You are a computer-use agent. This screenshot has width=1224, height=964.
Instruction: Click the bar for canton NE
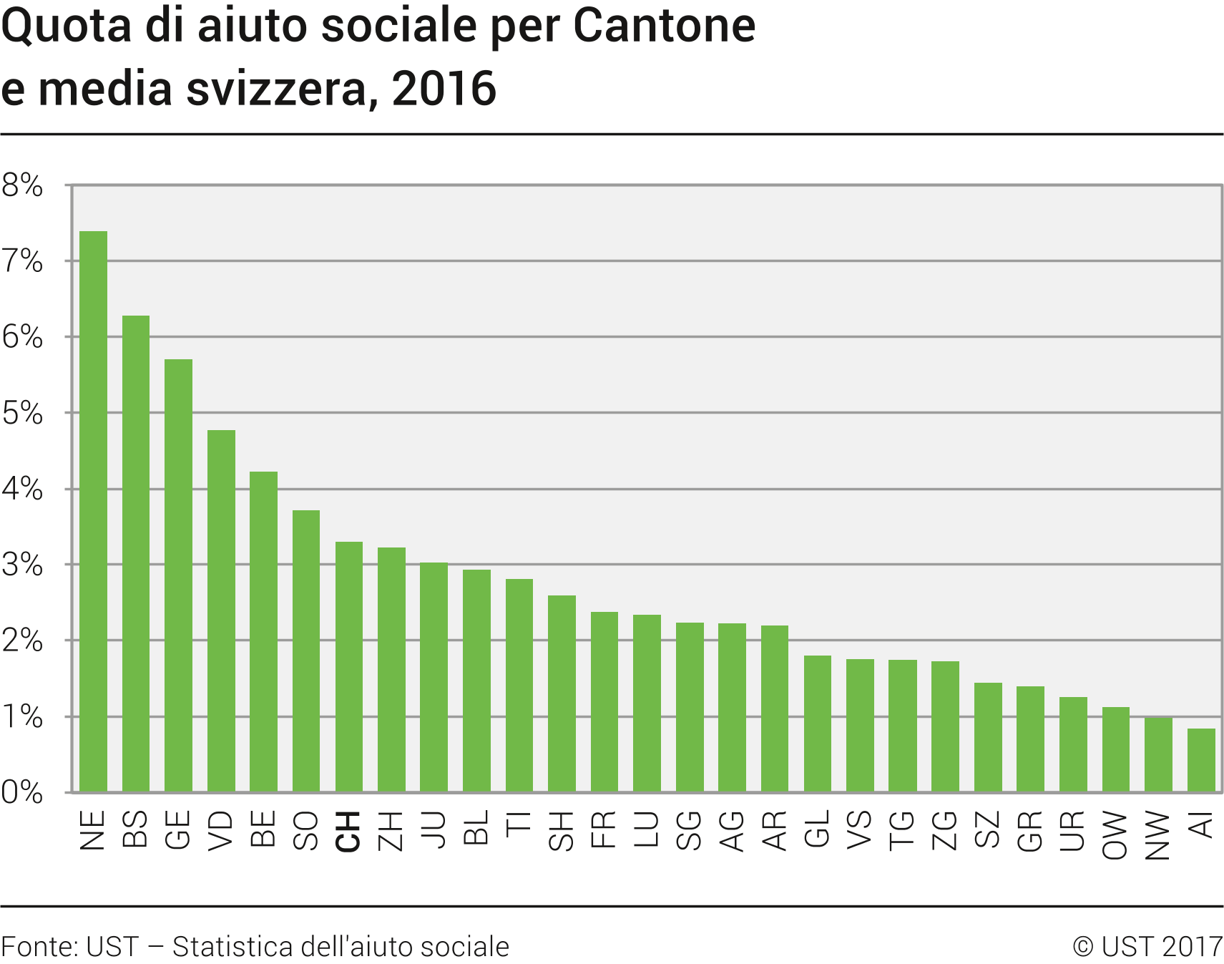tap(93, 512)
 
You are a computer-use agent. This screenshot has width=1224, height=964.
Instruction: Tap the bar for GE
tap(178, 575)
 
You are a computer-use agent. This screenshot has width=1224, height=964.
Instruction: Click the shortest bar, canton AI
tap(1201, 760)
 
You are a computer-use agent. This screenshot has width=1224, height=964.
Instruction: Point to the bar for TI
tap(519, 685)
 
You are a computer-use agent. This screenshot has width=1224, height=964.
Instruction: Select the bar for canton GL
tap(818, 724)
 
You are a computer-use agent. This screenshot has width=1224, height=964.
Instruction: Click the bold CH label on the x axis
tap(348, 832)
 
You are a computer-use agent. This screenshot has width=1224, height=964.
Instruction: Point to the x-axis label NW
tap(1157, 835)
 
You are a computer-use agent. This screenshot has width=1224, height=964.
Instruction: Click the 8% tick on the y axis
tap(22, 185)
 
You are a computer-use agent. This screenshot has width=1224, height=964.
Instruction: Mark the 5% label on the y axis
tap(22, 413)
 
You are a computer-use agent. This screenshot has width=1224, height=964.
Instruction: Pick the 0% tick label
tap(22, 792)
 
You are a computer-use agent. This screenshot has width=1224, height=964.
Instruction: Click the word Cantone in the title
tap(664, 26)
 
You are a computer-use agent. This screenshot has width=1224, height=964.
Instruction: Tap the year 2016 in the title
tap(444, 89)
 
